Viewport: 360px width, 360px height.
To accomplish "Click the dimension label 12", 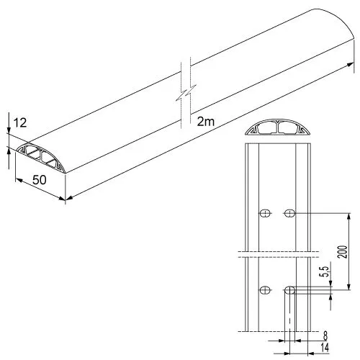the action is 20,122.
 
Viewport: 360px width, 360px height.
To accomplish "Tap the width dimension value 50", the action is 40,180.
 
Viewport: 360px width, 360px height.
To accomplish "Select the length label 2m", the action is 206,122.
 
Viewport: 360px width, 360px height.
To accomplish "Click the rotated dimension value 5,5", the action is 325,271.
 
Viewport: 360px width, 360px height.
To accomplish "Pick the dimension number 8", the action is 325,336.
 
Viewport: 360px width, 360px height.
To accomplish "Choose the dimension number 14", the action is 325,348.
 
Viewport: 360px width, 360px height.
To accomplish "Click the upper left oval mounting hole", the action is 265,213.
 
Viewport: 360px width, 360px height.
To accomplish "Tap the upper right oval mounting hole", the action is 289,213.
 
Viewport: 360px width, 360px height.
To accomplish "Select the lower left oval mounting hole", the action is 265,290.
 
